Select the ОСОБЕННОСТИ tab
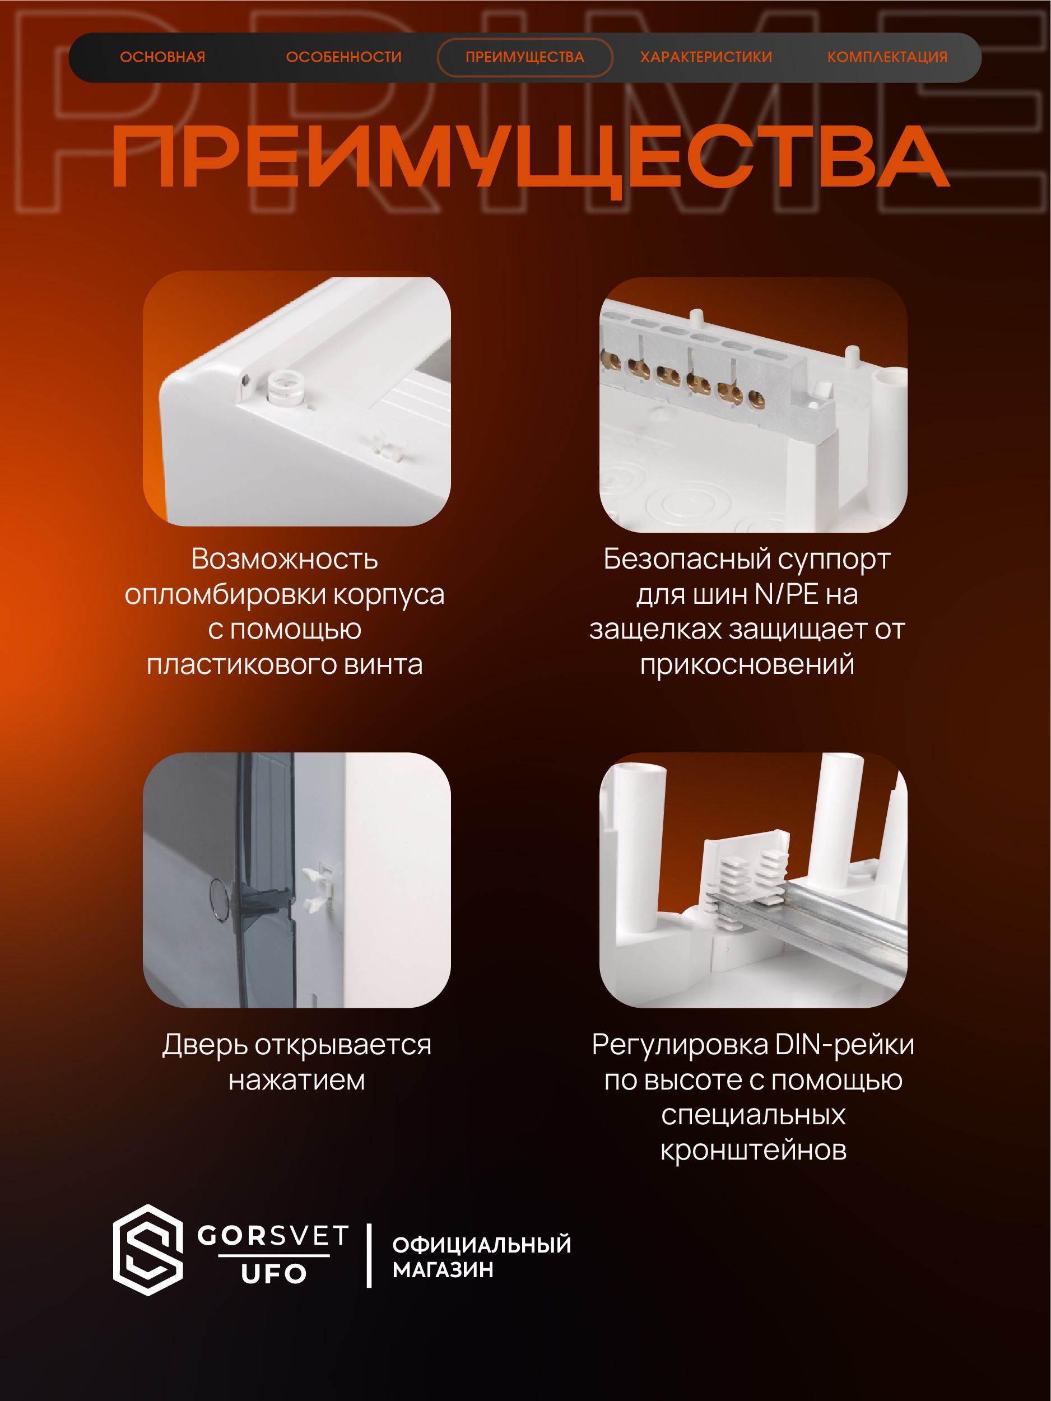point(343,57)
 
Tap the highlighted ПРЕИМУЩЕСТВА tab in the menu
point(524,57)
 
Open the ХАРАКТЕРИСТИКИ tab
point(706,57)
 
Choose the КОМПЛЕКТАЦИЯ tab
point(887,57)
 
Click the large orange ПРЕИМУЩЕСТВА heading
point(530,159)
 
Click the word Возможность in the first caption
point(285,558)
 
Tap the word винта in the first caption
point(383,664)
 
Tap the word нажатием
point(296,1081)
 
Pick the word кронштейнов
point(754,1150)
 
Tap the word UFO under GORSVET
point(274,1273)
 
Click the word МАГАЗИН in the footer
point(443,1269)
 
